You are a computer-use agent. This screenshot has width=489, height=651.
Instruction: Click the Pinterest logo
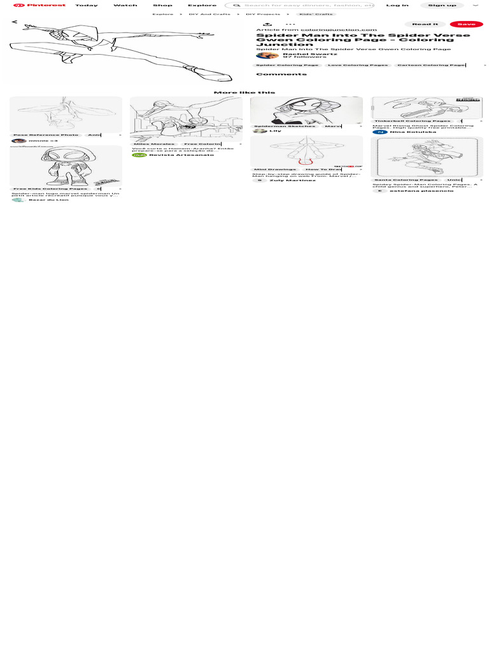[39, 5]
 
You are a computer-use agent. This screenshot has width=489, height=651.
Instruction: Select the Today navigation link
[87, 5]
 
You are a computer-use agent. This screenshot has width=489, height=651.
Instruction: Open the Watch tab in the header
[125, 5]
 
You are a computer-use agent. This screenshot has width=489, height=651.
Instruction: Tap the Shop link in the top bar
[162, 5]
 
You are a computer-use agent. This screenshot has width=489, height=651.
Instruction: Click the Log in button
[397, 5]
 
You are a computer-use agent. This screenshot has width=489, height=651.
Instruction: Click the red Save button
[466, 24]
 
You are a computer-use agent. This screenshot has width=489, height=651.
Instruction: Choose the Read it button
[425, 24]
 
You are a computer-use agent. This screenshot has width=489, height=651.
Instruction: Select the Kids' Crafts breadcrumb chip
[315, 14]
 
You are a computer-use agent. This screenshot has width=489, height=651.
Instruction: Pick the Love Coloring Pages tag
[357, 65]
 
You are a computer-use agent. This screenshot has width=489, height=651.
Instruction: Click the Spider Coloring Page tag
[287, 65]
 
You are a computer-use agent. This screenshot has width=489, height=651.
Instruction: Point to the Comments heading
[272, 74]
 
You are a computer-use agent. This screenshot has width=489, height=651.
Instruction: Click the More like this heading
[244, 92]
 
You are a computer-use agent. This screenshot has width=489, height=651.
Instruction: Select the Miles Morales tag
[154, 144]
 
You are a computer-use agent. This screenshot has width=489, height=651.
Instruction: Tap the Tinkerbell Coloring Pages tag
[412, 121]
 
